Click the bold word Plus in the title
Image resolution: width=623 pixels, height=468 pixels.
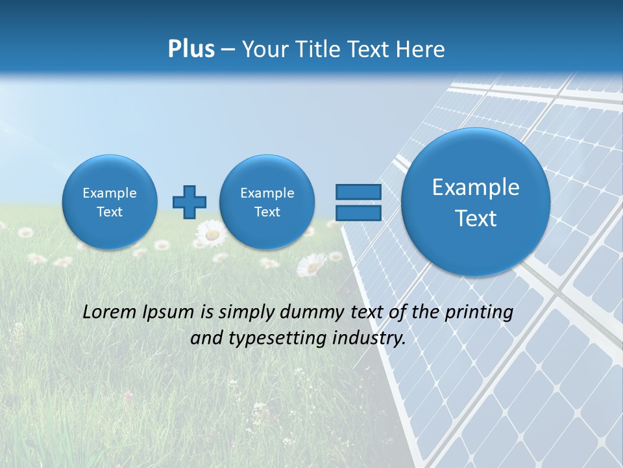(x=191, y=49)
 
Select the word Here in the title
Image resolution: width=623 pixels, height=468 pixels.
(x=422, y=49)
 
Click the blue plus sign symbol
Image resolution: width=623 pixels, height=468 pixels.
(x=189, y=202)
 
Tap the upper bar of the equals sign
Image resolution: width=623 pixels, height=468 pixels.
(x=358, y=192)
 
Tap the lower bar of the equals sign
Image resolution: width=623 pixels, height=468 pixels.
(x=358, y=212)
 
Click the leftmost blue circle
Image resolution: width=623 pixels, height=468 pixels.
(x=110, y=202)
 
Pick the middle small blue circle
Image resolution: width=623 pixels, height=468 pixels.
(x=267, y=202)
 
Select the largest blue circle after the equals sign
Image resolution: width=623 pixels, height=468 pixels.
(x=476, y=202)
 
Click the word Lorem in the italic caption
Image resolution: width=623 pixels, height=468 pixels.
(x=110, y=312)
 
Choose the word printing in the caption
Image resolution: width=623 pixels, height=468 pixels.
(x=479, y=313)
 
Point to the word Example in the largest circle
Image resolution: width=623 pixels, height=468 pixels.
(x=476, y=187)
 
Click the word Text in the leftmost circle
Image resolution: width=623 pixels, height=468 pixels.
(x=110, y=212)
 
